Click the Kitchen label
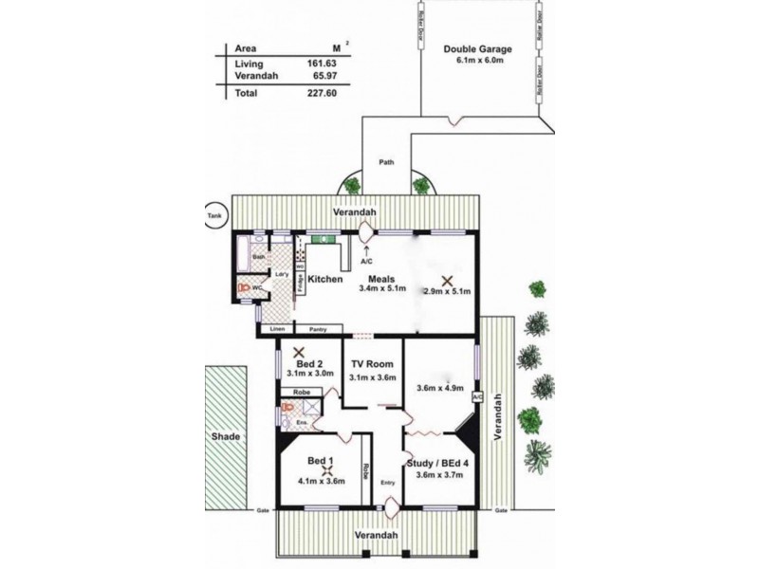(x=324, y=279)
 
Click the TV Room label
(x=373, y=364)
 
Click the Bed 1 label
(x=319, y=461)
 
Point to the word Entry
(x=387, y=483)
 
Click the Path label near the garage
(x=386, y=162)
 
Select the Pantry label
(x=319, y=329)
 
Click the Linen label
(x=277, y=329)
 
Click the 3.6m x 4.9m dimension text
(x=439, y=387)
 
